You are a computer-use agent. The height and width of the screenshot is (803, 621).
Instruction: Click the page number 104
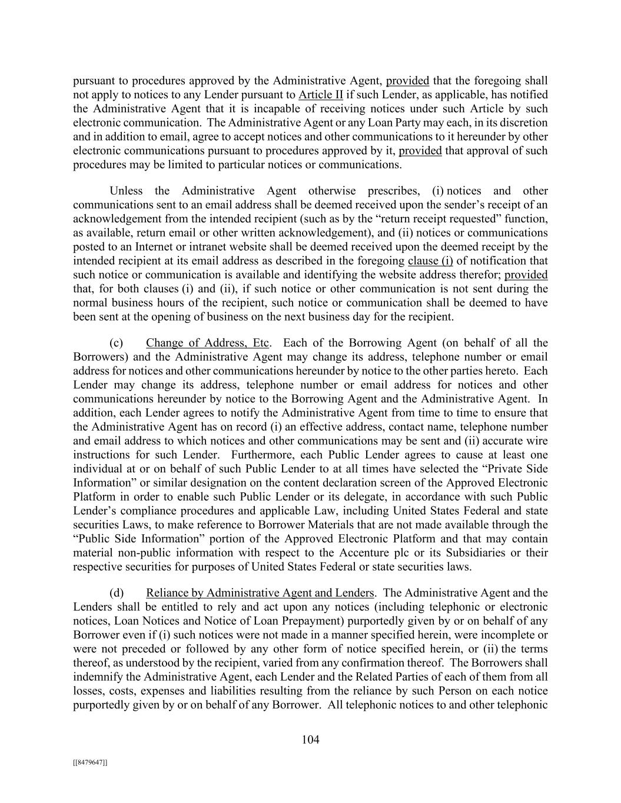[x=310, y=740]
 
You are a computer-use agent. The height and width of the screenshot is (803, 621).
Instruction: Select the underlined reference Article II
[x=321, y=95]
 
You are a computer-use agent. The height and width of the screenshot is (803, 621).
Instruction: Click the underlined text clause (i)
[x=430, y=261]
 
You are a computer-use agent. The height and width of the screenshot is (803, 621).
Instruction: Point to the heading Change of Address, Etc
[x=208, y=343]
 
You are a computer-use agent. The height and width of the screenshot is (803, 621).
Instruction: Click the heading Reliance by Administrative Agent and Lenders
[x=260, y=593]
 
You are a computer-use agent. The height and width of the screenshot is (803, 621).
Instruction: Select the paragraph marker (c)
[x=116, y=343]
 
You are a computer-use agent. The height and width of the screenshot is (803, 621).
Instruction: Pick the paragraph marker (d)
[x=116, y=593]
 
